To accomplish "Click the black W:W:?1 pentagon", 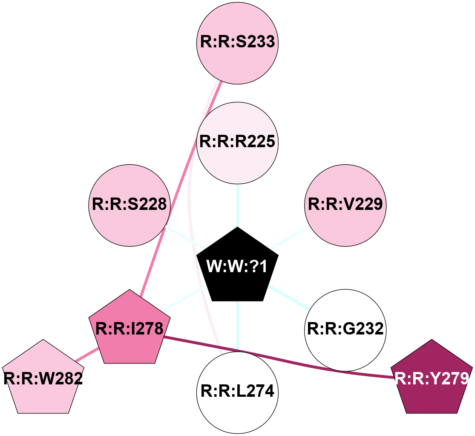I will [x=237, y=267].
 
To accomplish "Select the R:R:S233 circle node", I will [x=237, y=43].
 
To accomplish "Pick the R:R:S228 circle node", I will [x=130, y=205].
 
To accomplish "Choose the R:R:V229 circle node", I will [x=345, y=205].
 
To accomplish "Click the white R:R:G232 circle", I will [x=345, y=330].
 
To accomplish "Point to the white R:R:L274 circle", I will [x=237, y=392].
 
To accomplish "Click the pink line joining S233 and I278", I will [x=179, y=188].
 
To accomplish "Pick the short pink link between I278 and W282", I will [x=88, y=355].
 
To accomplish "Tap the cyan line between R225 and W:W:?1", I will [x=237, y=205].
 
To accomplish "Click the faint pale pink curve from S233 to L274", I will [x=190, y=213].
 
